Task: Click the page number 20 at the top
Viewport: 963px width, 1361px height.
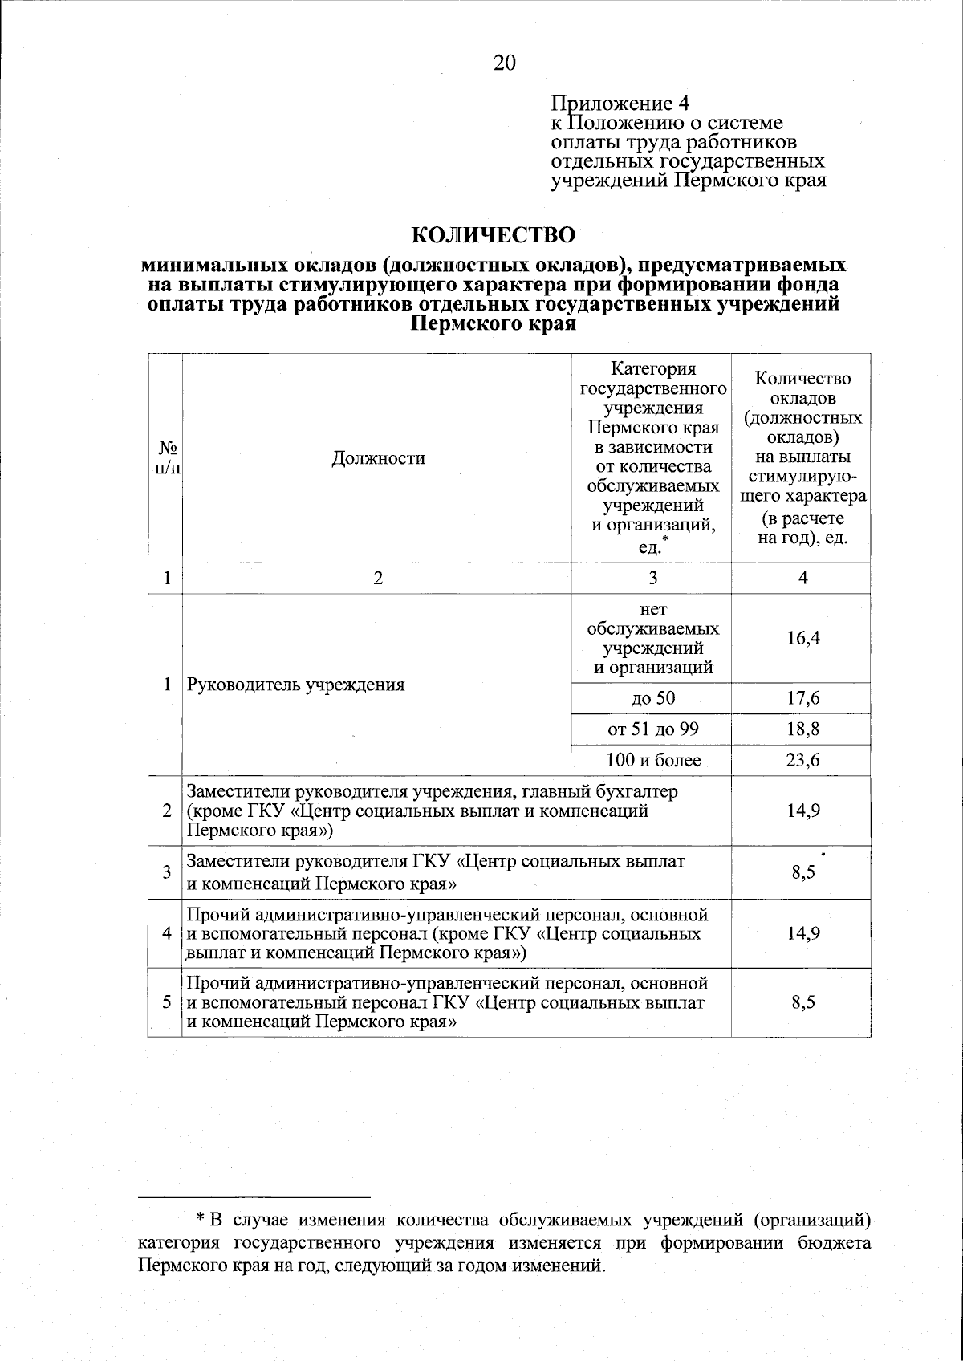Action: pyautogui.click(x=504, y=63)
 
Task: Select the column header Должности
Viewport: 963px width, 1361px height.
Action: pyautogui.click(x=378, y=458)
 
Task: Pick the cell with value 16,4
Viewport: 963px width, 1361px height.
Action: pyautogui.click(x=802, y=638)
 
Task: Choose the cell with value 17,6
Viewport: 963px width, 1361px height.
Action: pyautogui.click(x=802, y=698)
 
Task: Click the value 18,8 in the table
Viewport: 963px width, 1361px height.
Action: pyautogui.click(x=802, y=729)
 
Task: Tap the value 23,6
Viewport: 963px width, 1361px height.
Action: pyautogui.click(x=802, y=760)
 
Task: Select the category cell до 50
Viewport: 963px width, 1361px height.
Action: pyautogui.click(x=652, y=698)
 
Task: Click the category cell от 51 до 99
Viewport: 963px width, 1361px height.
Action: pyautogui.click(x=652, y=729)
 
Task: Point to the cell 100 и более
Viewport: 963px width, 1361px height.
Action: pyautogui.click(x=652, y=760)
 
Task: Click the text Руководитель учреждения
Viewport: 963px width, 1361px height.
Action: pyautogui.click(x=295, y=685)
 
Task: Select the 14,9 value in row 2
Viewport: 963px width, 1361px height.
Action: pyautogui.click(x=802, y=811)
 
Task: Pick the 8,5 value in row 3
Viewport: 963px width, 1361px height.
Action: pyautogui.click(x=802, y=873)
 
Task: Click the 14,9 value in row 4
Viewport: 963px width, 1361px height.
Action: pyautogui.click(x=802, y=933)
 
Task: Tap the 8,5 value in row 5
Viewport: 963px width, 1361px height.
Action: pyautogui.click(x=802, y=1002)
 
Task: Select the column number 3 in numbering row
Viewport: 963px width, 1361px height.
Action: pyautogui.click(x=652, y=578)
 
